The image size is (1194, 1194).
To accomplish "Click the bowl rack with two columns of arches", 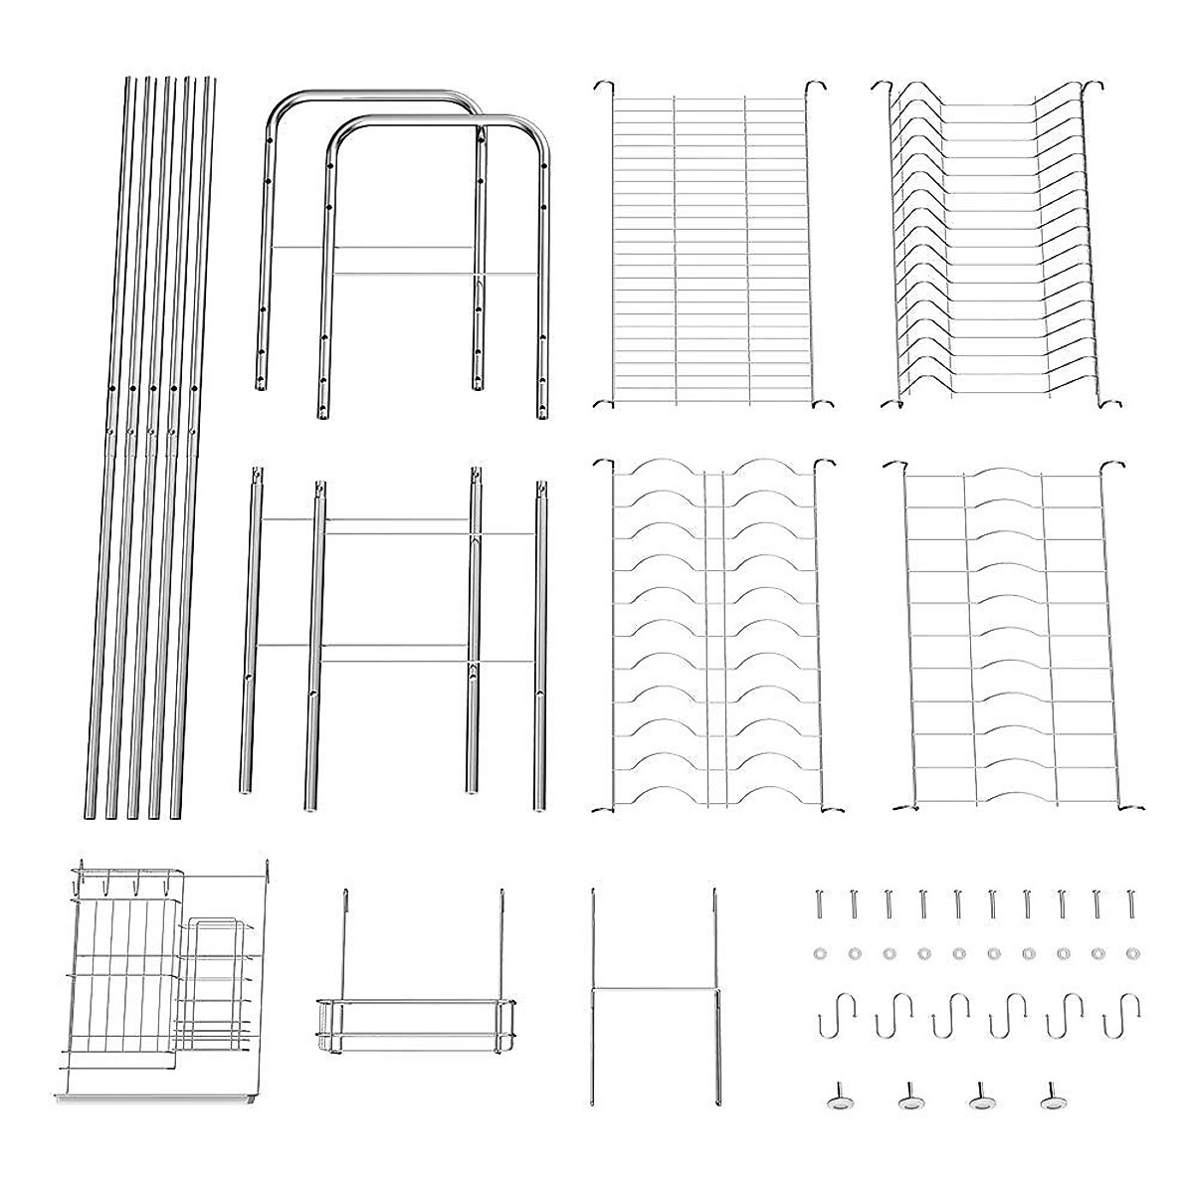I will click(x=711, y=637).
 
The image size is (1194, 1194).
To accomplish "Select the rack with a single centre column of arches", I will click(x=1005, y=637).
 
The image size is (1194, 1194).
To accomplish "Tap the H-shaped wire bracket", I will click(x=653, y=990).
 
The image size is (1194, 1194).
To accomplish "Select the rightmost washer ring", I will click(x=1130, y=953).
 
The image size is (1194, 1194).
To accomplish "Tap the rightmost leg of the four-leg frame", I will click(x=541, y=647).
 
